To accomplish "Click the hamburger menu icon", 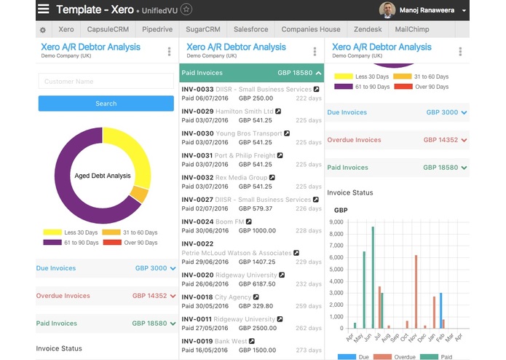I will point(44,9).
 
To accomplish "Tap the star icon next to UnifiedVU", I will point(186,9).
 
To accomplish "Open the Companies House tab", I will point(311,29).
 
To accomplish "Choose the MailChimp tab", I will point(411,29).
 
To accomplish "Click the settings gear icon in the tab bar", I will point(43,30).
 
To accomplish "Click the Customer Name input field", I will point(106,82).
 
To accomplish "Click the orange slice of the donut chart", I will point(139,195).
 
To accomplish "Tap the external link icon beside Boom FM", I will point(249,222).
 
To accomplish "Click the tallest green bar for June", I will point(373,277).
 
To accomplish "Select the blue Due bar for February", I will point(440,310).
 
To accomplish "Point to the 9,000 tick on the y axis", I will point(336,221).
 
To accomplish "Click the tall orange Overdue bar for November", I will point(416,291).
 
